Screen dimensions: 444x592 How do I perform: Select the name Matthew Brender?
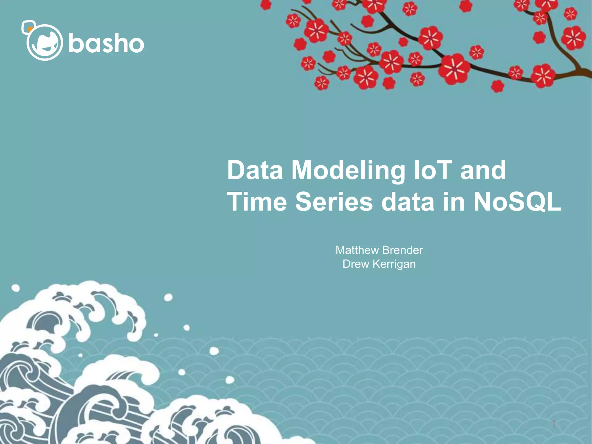[x=379, y=250]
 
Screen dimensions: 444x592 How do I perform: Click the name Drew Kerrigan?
[x=379, y=264]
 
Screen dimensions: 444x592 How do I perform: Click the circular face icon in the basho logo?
[x=45, y=42]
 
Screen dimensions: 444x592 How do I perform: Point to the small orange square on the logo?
[x=30, y=29]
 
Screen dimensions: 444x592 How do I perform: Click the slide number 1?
[x=554, y=424]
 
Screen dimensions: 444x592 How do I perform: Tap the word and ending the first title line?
[x=483, y=171]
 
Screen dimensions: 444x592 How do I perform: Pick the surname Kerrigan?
[x=394, y=264]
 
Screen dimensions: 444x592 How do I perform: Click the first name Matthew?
[x=357, y=250]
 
